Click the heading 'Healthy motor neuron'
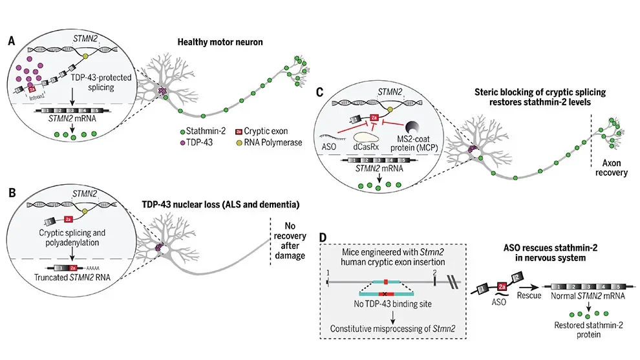pyautogui.click(x=224, y=43)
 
